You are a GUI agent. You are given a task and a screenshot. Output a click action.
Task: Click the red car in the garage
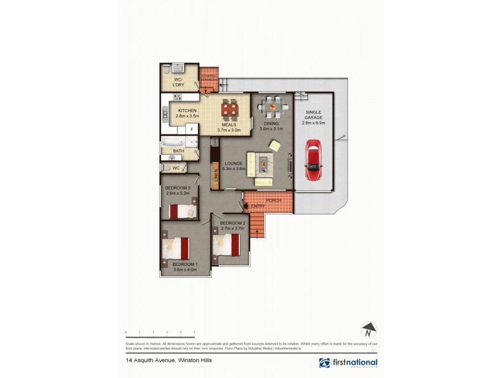point(312,161)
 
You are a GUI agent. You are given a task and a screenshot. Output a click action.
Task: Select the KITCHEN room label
point(187,111)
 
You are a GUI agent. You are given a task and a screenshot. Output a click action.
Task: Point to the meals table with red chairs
point(229,112)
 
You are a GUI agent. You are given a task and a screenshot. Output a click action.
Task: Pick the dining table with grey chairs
point(272,107)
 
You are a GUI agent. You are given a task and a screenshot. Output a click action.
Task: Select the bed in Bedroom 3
point(183,210)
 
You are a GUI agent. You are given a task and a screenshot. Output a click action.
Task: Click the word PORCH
point(273,200)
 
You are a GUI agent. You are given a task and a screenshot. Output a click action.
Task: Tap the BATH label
point(179,151)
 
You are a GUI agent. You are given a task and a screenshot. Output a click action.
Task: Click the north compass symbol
point(368,329)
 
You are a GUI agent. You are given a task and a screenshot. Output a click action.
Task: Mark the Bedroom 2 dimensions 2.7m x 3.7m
point(232,229)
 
